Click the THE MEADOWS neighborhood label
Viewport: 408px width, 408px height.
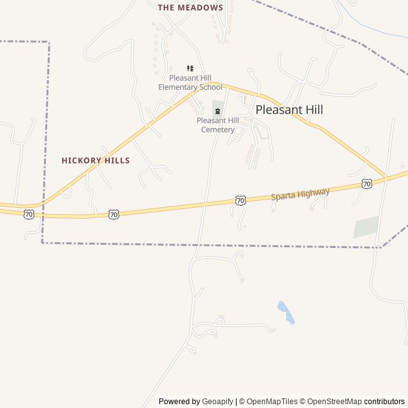tap(191, 8)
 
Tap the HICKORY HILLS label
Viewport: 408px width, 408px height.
tap(96, 161)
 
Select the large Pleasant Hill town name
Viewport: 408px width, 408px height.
tap(289, 110)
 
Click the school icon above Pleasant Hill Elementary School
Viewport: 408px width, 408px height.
tap(190, 68)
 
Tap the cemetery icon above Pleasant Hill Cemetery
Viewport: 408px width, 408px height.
tap(217, 111)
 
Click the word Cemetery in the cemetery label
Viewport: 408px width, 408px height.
tap(218, 129)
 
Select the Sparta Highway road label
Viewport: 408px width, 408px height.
tap(300, 194)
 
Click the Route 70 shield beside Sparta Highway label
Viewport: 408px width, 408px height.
tap(240, 200)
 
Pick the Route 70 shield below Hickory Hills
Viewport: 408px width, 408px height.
tap(113, 214)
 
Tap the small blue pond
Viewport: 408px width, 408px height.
tap(286, 312)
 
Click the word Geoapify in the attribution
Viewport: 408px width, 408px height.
tap(218, 402)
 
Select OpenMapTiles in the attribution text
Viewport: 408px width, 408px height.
tap(272, 402)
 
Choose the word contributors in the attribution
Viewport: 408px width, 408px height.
tap(384, 402)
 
